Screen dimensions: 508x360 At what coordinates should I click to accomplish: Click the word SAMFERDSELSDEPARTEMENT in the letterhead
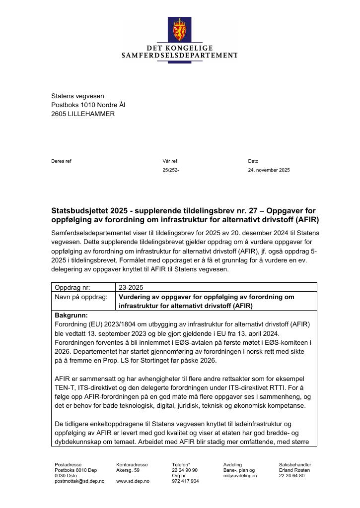180,56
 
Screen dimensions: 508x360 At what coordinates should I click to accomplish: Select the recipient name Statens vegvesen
77,96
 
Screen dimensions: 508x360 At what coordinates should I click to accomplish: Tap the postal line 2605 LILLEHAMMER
83,114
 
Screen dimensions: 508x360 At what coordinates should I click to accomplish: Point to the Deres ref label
61,161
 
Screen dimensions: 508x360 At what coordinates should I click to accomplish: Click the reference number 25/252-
171,170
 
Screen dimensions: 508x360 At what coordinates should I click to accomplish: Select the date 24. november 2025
269,170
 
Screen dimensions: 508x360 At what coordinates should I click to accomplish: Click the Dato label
253,161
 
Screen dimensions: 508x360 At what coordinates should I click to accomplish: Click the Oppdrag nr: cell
74,287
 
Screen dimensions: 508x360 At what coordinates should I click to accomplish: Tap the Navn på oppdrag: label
81,297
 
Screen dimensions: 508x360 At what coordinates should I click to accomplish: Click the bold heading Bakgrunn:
71,315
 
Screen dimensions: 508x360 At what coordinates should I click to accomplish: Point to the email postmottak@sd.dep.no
79,481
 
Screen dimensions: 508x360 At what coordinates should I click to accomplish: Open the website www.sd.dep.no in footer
133,481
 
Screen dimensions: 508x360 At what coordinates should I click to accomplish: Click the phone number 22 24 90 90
185,470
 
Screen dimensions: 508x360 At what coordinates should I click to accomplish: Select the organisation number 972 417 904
185,481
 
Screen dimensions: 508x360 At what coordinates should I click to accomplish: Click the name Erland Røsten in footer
294,470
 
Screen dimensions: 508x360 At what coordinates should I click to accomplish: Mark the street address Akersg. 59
128,470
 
